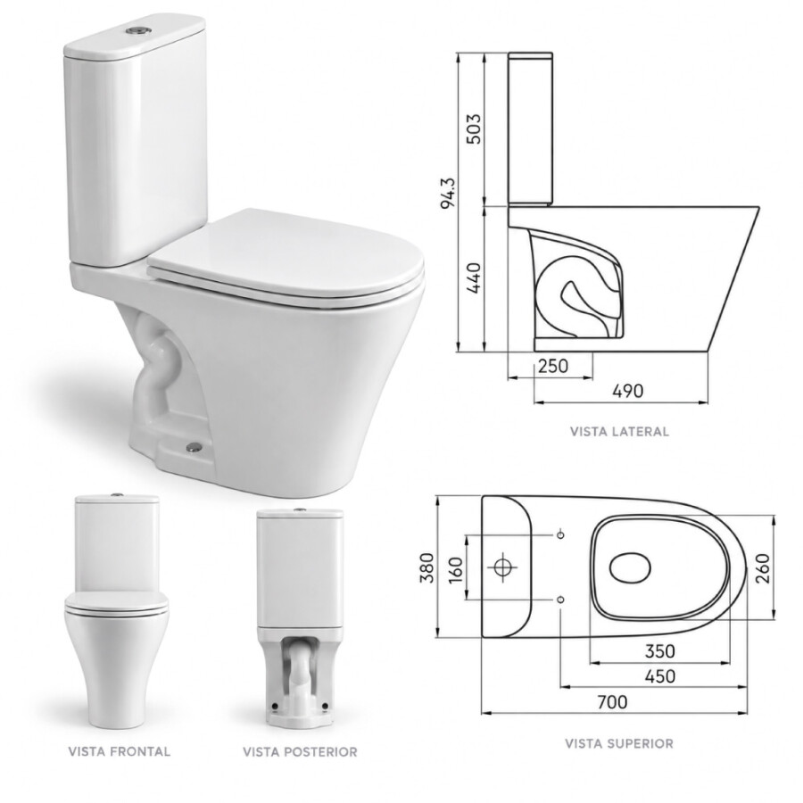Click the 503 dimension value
[x=475, y=129]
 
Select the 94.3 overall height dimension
[x=448, y=193]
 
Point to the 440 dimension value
[x=475, y=278]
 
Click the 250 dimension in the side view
[x=553, y=366]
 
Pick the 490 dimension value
[x=628, y=392]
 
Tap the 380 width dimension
[x=426, y=567]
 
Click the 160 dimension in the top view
[x=455, y=567]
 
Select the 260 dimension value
[x=763, y=568]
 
